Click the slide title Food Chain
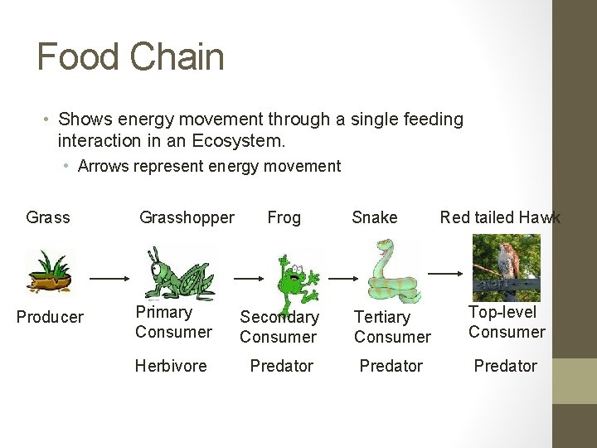tap(131, 57)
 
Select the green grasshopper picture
tap(177, 273)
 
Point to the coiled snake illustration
tap(391, 273)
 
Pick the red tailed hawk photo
tap(506, 267)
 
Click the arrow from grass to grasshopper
tap(107, 279)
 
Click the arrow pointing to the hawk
tap(445, 273)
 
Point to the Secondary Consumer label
tap(279, 327)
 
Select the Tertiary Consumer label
tap(392, 327)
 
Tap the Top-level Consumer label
tap(507, 322)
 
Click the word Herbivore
tap(171, 366)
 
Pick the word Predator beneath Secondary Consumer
tap(282, 366)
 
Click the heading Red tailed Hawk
tap(500, 217)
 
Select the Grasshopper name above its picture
tap(187, 217)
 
